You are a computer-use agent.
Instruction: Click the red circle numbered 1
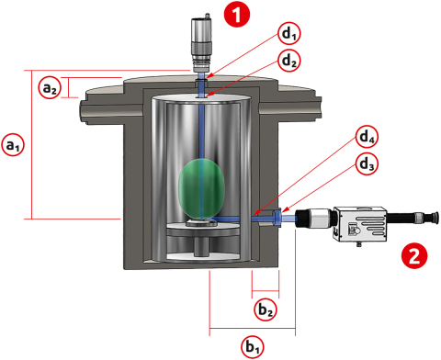pyautogui.click(x=237, y=14)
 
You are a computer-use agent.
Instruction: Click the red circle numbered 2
pyautogui.click(x=414, y=256)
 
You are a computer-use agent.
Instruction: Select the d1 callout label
pyautogui.click(x=288, y=34)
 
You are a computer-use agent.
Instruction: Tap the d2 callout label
pyautogui.click(x=288, y=61)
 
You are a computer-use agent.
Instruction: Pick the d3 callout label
pyautogui.click(x=367, y=163)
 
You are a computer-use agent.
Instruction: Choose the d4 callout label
pyautogui.click(x=367, y=137)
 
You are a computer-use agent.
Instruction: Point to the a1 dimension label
pyautogui.click(x=13, y=145)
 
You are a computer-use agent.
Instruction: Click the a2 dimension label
pyautogui.click(x=50, y=87)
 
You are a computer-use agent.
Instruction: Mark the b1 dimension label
pyautogui.click(x=253, y=347)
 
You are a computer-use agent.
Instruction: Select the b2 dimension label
pyautogui.click(x=266, y=309)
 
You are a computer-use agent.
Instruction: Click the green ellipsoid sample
pyautogui.click(x=201, y=188)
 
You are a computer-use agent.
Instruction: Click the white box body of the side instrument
pyautogui.click(x=360, y=224)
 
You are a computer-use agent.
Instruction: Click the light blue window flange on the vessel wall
pyautogui.click(x=277, y=219)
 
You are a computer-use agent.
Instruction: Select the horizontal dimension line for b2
pyautogui.click(x=266, y=290)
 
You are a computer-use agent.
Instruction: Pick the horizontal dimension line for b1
pyautogui.click(x=253, y=328)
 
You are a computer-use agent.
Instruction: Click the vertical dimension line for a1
pyautogui.click(x=32, y=144)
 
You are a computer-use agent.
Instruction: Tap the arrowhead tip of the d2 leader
pyautogui.click(x=206, y=97)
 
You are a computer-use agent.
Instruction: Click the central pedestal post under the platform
pyautogui.click(x=202, y=247)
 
